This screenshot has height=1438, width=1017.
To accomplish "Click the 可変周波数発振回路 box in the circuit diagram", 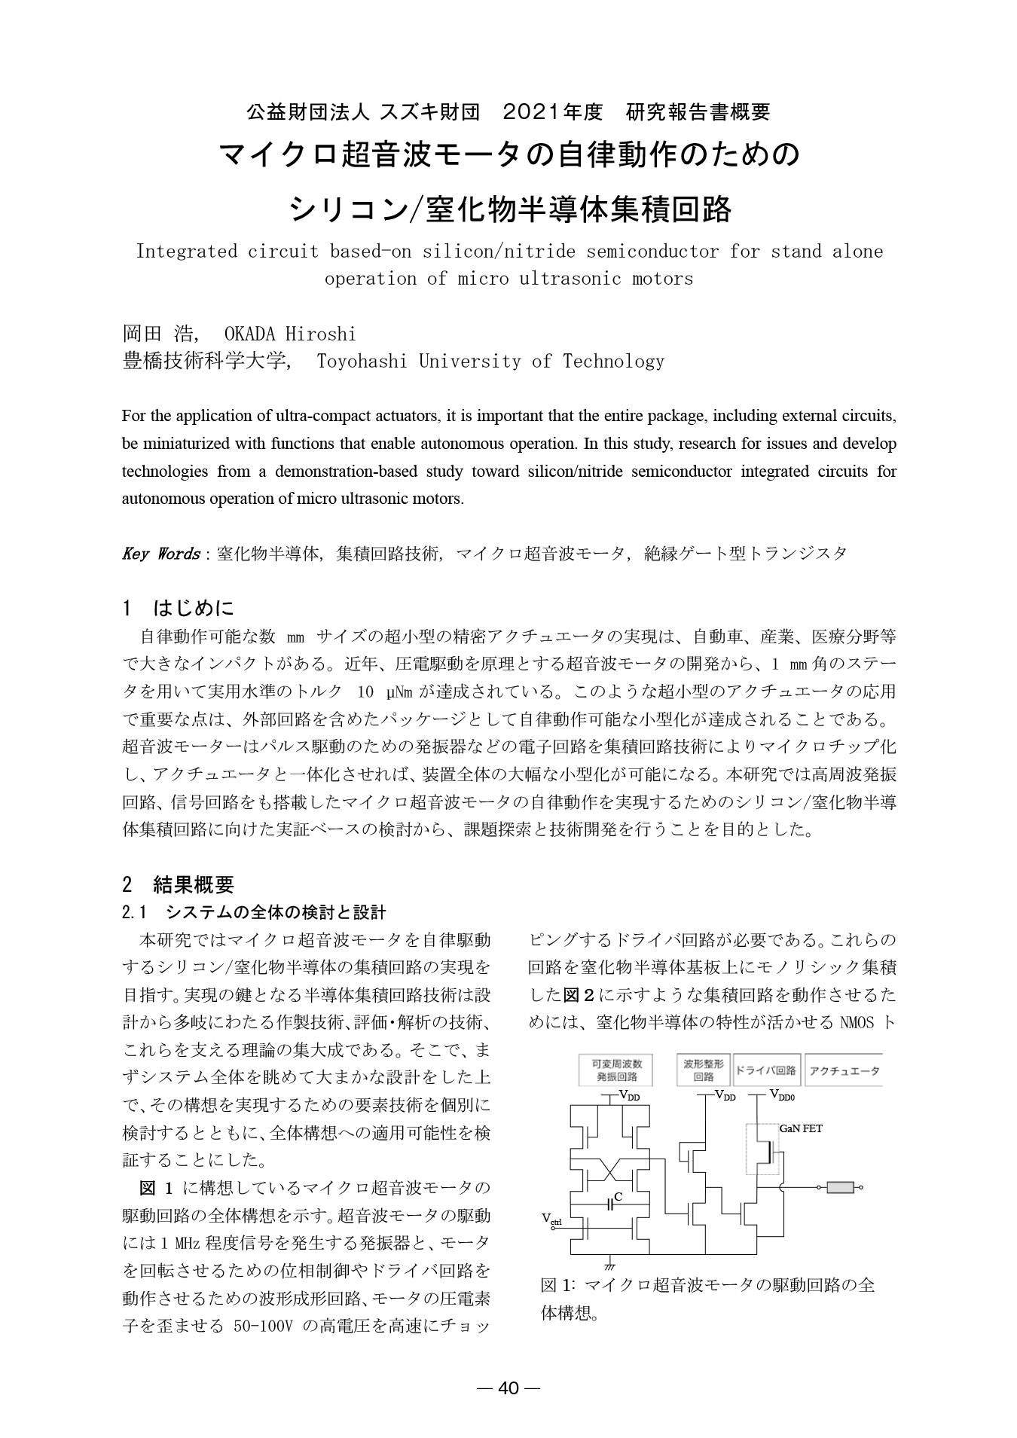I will coord(616,1070).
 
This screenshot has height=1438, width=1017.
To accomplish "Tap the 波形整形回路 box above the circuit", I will coord(703,1070).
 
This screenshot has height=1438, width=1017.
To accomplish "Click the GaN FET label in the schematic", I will coord(800,1128).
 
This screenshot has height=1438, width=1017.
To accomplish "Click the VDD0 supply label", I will coord(782,1096).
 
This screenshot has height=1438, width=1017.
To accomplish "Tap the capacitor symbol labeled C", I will coord(612,1204).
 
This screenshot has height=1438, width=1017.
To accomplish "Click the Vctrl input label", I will coord(551,1220).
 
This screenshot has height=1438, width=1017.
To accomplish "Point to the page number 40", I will coord(509,1388).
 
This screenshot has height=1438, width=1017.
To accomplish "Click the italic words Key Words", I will coord(160,554).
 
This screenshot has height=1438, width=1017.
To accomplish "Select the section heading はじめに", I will coord(194,608).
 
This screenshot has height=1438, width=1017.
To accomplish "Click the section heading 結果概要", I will coord(194,884).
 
